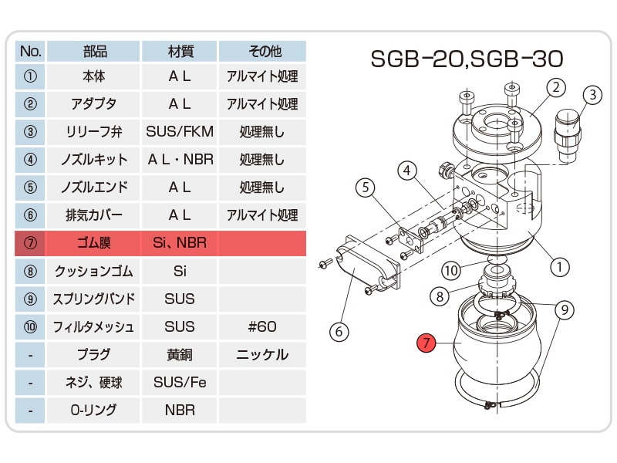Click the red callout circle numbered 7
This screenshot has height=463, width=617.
[427, 343]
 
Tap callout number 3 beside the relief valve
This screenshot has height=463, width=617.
[592, 95]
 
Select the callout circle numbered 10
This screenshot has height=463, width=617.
[450, 270]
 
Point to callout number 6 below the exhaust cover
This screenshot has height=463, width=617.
[339, 332]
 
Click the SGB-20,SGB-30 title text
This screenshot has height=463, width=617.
[467, 59]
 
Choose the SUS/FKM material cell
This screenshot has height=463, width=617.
[180, 131]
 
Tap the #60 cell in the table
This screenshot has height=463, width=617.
[262, 326]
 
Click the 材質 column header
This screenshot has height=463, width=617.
[180, 51]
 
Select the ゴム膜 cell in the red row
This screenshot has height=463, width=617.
[93, 243]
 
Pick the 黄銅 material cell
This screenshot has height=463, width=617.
[180, 354]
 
